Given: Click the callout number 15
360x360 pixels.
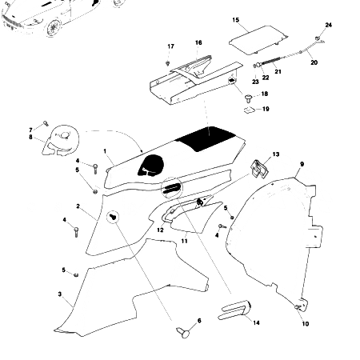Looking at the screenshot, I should [x=235, y=18].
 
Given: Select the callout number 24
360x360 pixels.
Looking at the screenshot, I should [x=328, y=26].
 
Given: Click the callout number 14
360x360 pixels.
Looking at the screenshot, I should [x=257, y=322].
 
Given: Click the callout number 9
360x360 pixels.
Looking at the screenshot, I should [x=302, y=164].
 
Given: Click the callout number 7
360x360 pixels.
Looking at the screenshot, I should [x=32, y=129].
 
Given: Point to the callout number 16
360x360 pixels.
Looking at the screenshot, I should [x=198, y=42].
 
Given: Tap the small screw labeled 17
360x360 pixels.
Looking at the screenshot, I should [x=168, y=62].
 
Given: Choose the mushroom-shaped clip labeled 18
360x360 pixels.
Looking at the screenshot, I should [x=248, y=96].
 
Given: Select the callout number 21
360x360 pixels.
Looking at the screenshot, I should [x=278, y=71].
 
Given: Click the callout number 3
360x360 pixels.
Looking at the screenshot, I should [x=59, y=294].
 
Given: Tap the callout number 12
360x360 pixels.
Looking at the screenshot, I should [x=160, y=230].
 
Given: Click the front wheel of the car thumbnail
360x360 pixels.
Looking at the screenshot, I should [x=54, y=30].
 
